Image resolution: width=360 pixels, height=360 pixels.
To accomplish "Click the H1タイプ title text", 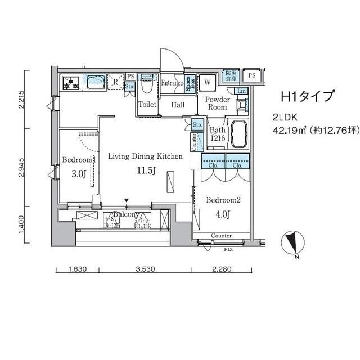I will point(307,97).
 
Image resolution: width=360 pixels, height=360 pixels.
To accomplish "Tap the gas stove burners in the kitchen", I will point(71,83).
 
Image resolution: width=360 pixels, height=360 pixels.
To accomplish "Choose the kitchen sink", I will point(94,83).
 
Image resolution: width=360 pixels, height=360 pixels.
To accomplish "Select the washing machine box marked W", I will point(208,82).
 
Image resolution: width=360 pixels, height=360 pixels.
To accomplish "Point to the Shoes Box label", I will point(191,83).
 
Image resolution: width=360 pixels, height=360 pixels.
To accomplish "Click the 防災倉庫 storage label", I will point(232,75).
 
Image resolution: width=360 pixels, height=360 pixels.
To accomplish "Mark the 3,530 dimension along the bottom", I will point(145,269).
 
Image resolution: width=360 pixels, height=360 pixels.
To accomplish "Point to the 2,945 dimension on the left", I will point(21,167).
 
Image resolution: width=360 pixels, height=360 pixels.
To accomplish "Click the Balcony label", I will point(127,215).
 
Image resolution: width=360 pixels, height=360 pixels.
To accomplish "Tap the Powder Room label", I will point(217,103).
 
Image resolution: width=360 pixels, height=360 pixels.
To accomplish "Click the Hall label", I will point(178,105).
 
